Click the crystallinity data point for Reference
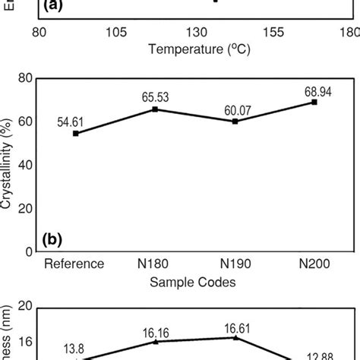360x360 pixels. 75,133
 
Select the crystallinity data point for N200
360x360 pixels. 314,102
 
